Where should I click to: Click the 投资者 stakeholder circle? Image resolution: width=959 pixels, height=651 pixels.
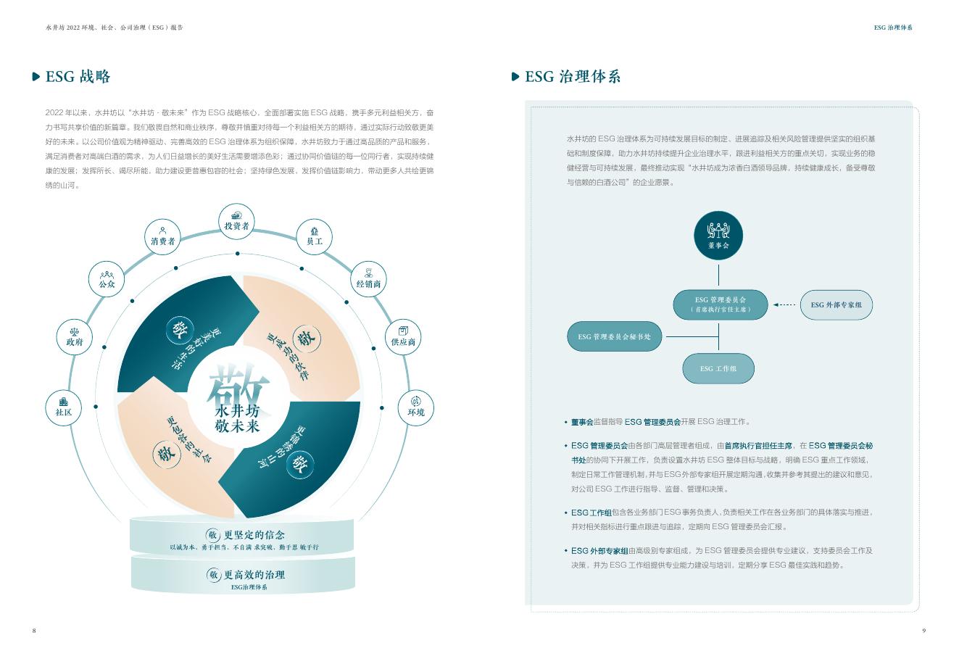pyautogui.click(x=236, y=220)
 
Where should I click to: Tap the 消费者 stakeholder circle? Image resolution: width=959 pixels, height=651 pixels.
pyautogui.click(x=163, y=235)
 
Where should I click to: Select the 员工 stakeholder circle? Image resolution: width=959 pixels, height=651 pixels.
pyautogui.click(x=315, y=235)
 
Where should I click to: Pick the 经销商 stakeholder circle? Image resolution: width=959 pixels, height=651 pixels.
pyautogui.click(x=368, y=278)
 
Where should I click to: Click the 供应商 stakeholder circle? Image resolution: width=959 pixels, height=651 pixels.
pyautogui.click(x=403, y=336)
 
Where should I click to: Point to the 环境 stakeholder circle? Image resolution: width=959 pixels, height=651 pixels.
pyautogui.click(x=416, y=407)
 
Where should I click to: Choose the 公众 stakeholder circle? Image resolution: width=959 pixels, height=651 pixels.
pyautogui.click(x=107, y=279)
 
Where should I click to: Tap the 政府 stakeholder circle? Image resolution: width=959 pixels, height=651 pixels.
pyautogui.click(x=75, y=336)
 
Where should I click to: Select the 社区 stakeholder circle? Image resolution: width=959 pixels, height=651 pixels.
pyautogui.click(x=64, y=407)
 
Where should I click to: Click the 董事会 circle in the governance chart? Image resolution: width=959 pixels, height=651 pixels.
pyautogui.click(x=718, y=236)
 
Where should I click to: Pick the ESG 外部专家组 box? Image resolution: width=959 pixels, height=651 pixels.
pyautogui.click(x=836, y=305)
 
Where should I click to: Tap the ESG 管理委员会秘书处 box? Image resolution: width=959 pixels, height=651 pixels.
pyautogui.click(x=614, y=336)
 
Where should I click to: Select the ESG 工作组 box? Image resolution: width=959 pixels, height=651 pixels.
pyautogui.click(x=718, y=368)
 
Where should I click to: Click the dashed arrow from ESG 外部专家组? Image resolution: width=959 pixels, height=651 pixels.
pyautogui.click(x=784, y=305)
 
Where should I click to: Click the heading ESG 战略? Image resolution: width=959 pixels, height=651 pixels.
pyautogui.click(x=78, y=77)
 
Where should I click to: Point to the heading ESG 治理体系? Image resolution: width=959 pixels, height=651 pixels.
pyautogui.click(x=573, y=77)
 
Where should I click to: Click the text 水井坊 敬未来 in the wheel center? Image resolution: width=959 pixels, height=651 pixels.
pyautogui.click(x=237, y=418)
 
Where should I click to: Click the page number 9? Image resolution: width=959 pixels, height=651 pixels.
pyautogui.click(x=923, y=630)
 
